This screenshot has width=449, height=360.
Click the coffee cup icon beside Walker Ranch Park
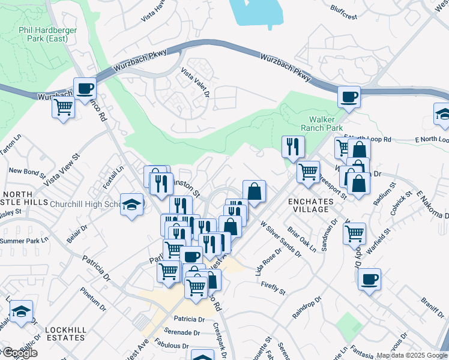click(348, 96)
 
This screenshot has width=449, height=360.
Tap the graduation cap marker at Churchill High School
click(132, 203)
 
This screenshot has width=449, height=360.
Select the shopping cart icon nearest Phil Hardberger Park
click(62, 108)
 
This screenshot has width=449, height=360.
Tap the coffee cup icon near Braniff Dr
click(369, 279)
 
